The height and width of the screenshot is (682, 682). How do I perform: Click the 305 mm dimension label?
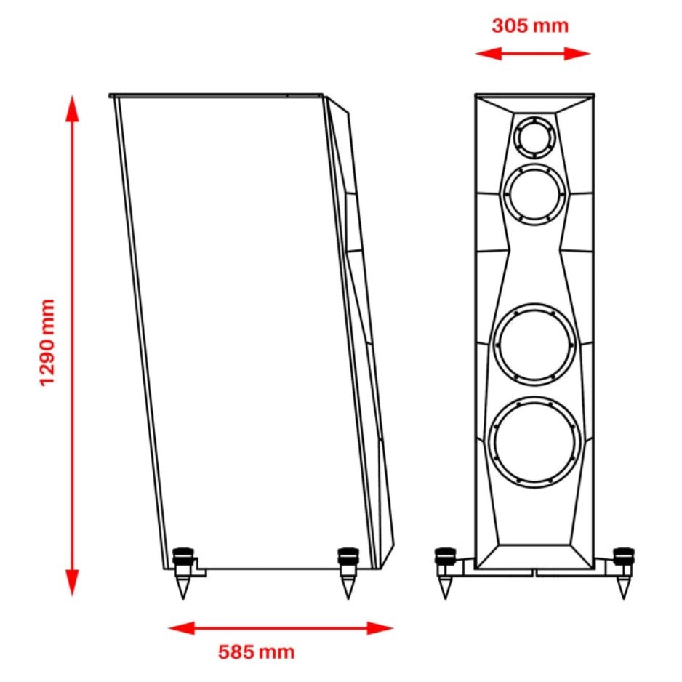click(530, 26)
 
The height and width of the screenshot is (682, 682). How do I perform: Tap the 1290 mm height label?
click(48, 342)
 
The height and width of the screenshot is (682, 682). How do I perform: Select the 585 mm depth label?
click(257, 651)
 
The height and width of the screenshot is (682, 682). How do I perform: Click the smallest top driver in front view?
click(534, 136)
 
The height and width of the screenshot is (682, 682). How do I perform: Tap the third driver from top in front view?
click(534, 342)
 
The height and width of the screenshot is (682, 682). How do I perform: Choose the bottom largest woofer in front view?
click(535, 443)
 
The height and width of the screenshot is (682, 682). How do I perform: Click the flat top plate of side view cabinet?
click(216, 95)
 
